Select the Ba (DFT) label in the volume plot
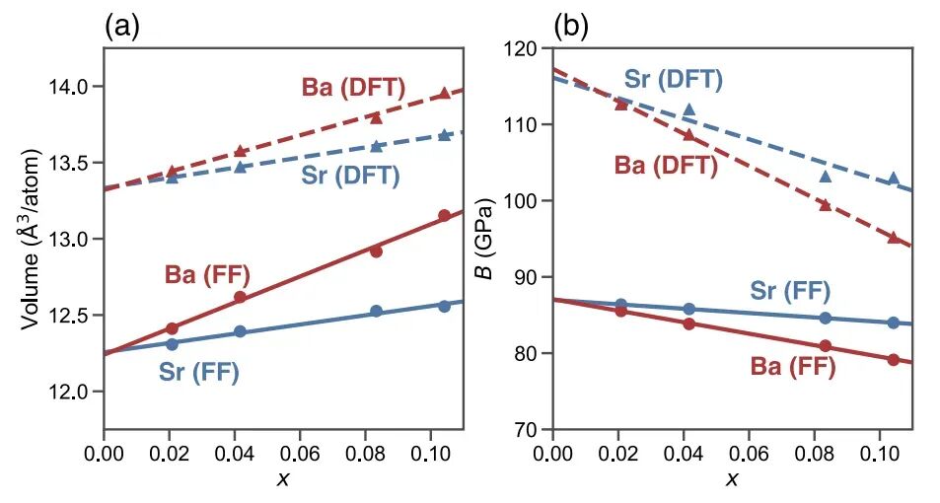(353, 88)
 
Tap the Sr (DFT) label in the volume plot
(349, 177)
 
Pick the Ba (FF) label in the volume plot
(206, 275)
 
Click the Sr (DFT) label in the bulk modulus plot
(674, 80)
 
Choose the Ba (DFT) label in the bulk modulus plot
(666, 166)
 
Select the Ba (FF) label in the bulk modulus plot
(792, 368)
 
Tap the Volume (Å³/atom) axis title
(31, 238)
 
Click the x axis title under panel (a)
(283, 480)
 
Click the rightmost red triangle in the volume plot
(445, 94)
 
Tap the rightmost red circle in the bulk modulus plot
(893, 360)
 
